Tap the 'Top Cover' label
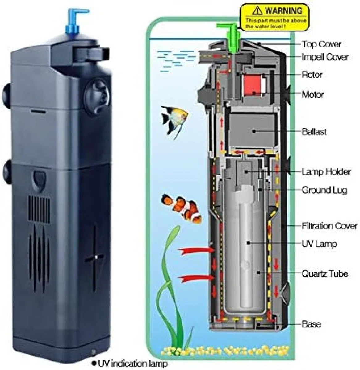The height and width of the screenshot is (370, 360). pos(321,44)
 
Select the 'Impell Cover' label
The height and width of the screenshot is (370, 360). pos(325,57)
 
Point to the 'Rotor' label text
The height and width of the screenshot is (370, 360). pos(312,75)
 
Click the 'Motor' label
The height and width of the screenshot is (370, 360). pos(312,94)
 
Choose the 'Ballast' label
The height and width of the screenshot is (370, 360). pos(314,132)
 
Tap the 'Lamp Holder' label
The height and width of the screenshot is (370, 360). pos(326,172)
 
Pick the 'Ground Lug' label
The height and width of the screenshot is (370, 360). pos(324,190)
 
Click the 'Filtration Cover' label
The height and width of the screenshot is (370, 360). pos(329,226)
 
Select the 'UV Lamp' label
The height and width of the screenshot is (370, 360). pos(319,244)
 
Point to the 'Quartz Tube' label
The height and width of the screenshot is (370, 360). pos(325,274)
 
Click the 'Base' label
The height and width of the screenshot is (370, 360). pos(311,324)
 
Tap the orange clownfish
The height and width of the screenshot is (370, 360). pos(181,208)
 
